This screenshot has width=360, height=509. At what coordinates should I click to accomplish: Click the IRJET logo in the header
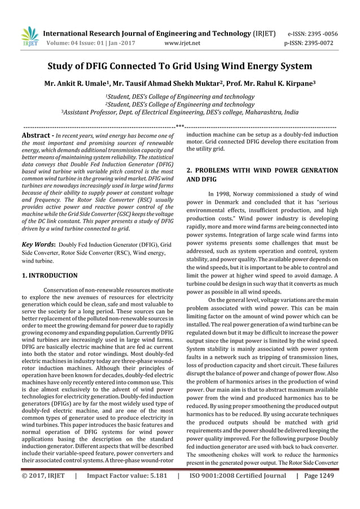click(28, 37)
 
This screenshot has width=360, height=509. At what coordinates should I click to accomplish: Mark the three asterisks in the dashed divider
click(180, 127)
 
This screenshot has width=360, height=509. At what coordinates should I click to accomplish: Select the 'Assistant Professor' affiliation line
click(179, 112)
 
